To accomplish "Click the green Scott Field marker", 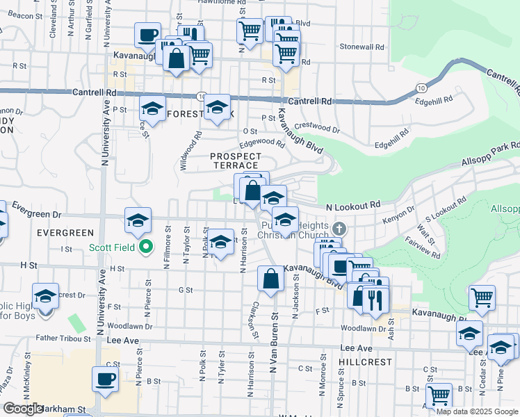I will pyautogui.click(x=145, y=247).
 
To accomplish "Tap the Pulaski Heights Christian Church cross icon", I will pyautogui.click(x=339, y=229).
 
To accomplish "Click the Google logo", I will pyautogui.click(x=22, y=409).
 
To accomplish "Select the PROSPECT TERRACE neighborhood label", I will pyautogui.click(x=236, y=162).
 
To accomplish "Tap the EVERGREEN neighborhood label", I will pyautogui.click(x=65, y=232).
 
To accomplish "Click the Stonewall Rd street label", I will pyautogui.click(x=362, y=47).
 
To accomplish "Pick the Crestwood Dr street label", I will pyautogui.click(x=316, y=129).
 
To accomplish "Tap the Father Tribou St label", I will pyautogui.click(x=63, y=339).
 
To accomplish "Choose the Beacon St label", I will pyautogui.click(x=21, y=15).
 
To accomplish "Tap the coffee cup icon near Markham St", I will pyautogui.click(x=106, y=379).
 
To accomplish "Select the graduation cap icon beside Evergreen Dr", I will pyautogui.click(x=138, y=220).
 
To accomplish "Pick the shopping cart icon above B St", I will pyautogui.click(x=439, y=395).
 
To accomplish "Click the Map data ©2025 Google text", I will pyautogui.click(x=477, y=411).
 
